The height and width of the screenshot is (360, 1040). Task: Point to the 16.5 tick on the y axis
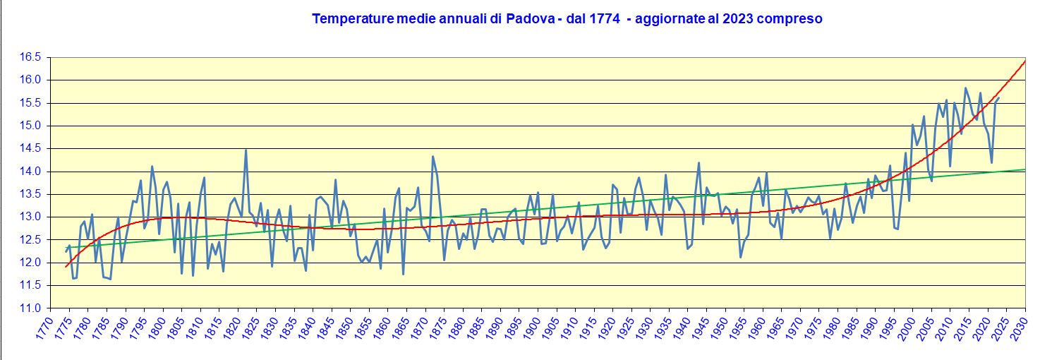coord(31,57)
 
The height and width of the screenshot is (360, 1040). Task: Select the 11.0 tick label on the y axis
coord(31,308)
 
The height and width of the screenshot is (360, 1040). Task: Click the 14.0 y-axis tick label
coord(31,172)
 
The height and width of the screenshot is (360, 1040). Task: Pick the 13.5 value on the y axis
coord(31,194)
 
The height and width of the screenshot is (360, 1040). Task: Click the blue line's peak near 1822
coord(246,150)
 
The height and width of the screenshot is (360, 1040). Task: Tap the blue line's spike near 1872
coord(433,157)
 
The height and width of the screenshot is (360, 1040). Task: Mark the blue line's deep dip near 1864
coord(403,274)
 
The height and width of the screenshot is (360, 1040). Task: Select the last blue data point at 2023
coord(998,98)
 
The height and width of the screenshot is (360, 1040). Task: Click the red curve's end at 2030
coord(1024,61)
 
